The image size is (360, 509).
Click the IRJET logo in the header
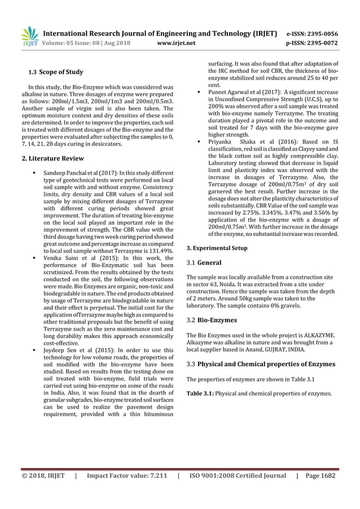coord(29,36)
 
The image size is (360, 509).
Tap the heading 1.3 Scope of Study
coord(56,72)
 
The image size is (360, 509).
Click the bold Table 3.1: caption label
coord(201,393)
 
